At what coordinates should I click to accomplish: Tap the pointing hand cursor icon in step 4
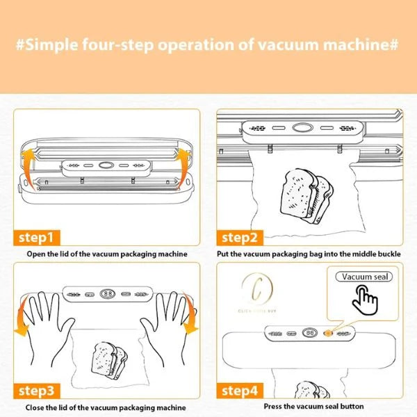(x=363, y=300)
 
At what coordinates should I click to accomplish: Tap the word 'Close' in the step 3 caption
(x=35, y=407)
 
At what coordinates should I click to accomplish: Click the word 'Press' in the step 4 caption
(x=274, y=407)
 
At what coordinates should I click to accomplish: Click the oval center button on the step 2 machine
(x=301, y=129)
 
